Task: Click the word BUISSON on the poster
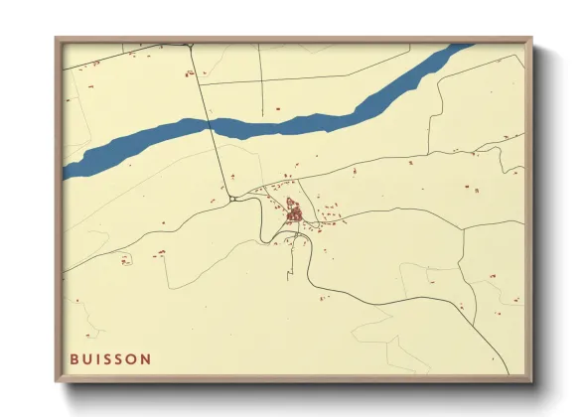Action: tap(110, 358)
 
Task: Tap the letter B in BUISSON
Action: tap(74, 358)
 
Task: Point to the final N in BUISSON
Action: tap(147, 358)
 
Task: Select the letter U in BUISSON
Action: tap(87, 358)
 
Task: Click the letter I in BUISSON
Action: tap(98, 358)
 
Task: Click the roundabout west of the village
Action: tap(231, 199)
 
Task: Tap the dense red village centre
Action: tap(294, 211)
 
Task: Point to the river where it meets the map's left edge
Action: tap(66, 171)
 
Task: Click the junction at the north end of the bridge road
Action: tap(188, 45)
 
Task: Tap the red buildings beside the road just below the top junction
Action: tap(188, 72)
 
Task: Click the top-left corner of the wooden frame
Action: tap(56, 38)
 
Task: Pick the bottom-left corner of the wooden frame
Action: tap(56, 382)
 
